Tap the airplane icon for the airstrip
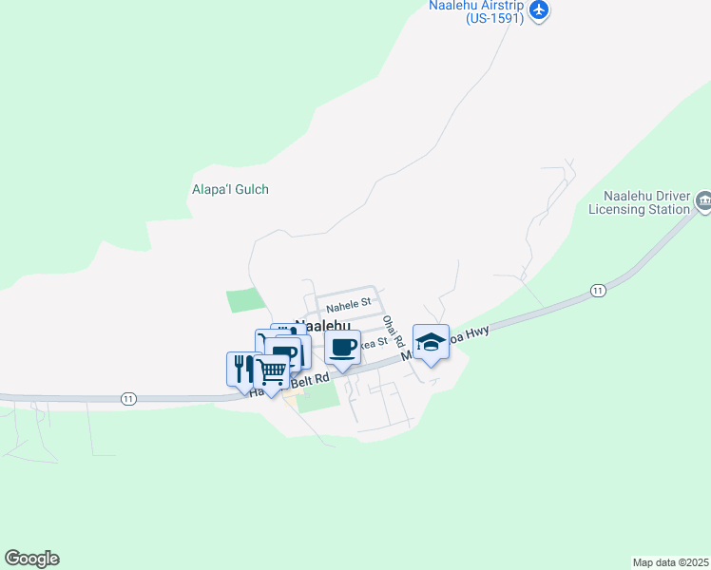click(x=540, y=10)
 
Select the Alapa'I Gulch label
click(x=230, y=189)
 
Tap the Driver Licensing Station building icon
click(x=703, y=199)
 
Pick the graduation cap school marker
click(x=431, y=343)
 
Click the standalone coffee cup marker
click(x=343, y=348)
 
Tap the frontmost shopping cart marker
click(x=272, y=372)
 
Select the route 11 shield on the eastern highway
click(x=597, y=290)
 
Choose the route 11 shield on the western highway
click(x=128, y=399)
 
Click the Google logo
click(x=31, y=559)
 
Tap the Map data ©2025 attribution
click(x=670, y=561)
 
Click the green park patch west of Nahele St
click(x=242, y=300)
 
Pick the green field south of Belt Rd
click(x=317, y=398)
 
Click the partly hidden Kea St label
click(x=376, y=343)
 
